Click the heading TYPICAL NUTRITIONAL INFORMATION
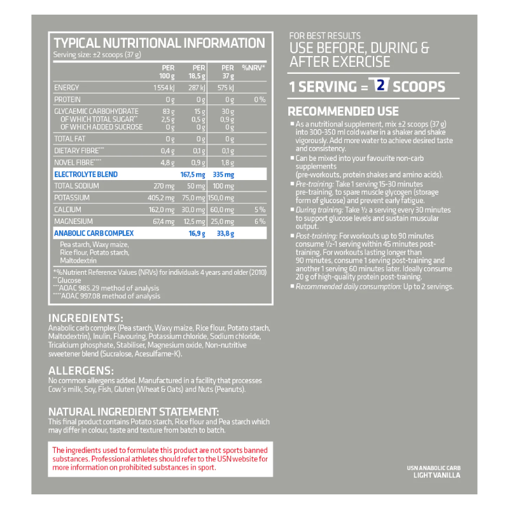159,43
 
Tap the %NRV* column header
253,67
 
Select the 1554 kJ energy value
163,87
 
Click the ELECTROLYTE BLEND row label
86,174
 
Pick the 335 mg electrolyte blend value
225,174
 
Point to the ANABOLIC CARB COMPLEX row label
94,234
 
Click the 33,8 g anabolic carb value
225,234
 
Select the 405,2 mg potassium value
162,198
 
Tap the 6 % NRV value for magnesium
259,221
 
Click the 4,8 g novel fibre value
167,162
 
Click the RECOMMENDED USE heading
344,111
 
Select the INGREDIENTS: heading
85,318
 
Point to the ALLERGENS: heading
81,370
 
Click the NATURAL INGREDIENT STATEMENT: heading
134,412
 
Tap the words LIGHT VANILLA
436,475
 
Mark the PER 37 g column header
227,71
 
